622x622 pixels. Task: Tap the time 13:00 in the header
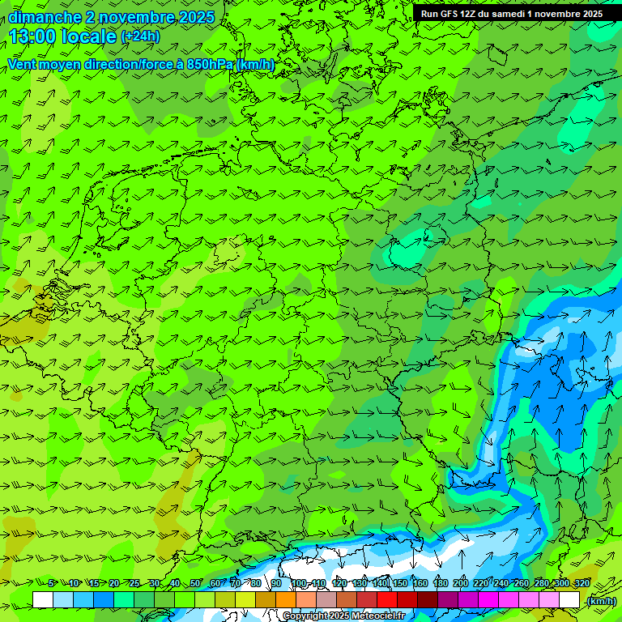[x=35, y=36]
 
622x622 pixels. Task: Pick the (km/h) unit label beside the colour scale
[x=600, y=601]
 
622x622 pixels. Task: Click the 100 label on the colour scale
[x=297, y=584]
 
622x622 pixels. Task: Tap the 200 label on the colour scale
[x=460, y=584]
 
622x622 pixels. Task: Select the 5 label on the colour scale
[x=52, y=584]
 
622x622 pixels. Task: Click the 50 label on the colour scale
[x=195, y=584]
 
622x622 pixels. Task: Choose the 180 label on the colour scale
[x=440, y=584]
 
